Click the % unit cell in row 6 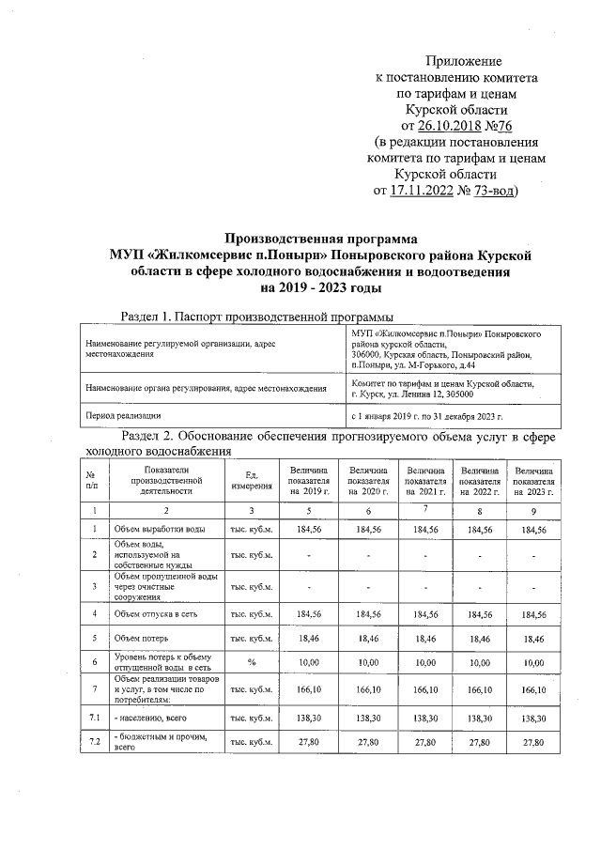(251, 663)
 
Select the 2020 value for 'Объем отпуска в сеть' (367, 614)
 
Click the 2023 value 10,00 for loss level (533, 663)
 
